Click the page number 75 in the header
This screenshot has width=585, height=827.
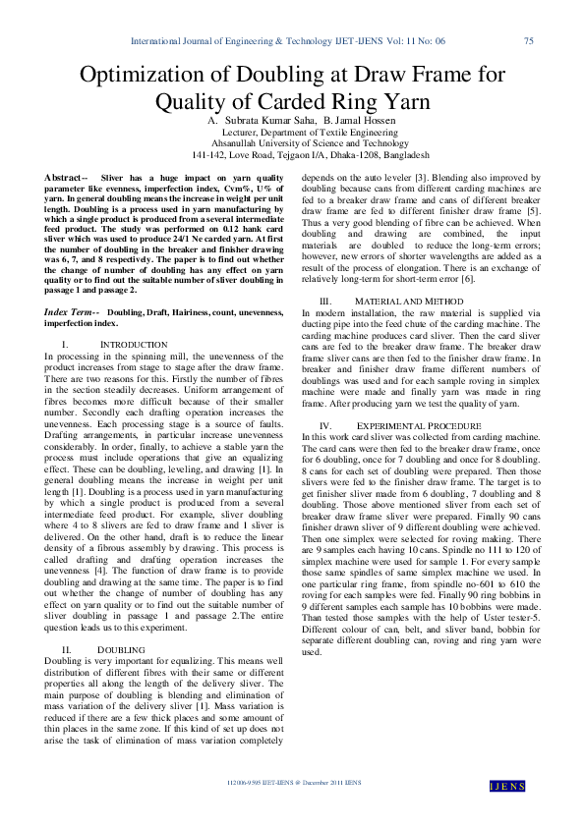coord(529,41)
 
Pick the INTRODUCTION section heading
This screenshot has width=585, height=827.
coord(135,345)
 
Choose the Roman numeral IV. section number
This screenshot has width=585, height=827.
coord(329,423)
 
